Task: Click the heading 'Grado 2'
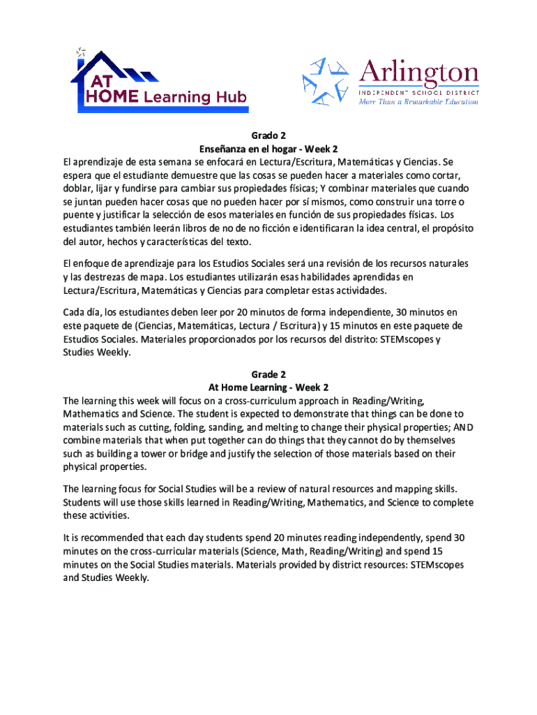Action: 268,135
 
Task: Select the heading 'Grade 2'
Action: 268,374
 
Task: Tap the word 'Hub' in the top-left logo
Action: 231,96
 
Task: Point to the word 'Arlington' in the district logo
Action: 418,73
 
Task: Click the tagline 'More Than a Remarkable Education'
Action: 418,101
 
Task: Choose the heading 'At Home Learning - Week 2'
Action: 268,387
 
